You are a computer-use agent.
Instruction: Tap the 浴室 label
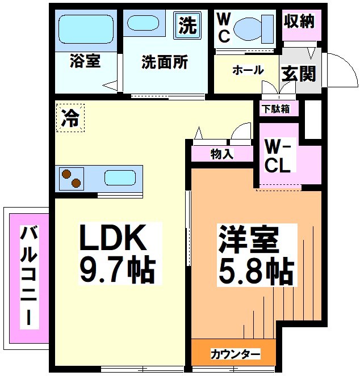pos(85,62)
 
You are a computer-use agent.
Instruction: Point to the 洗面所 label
pos(165,62)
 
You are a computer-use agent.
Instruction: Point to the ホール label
pos(248,70)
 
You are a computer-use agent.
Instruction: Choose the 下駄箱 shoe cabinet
pos(275,108)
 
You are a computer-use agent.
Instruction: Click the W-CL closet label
pos(279,157)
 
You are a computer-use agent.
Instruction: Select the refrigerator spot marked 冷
pos(70,118)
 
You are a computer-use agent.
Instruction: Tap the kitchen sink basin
pos(120,178)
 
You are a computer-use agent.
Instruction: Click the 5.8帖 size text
pos(256,272)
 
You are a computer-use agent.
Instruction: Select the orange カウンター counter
pos(235,354)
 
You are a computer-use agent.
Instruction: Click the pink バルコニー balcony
pos(27,278)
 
